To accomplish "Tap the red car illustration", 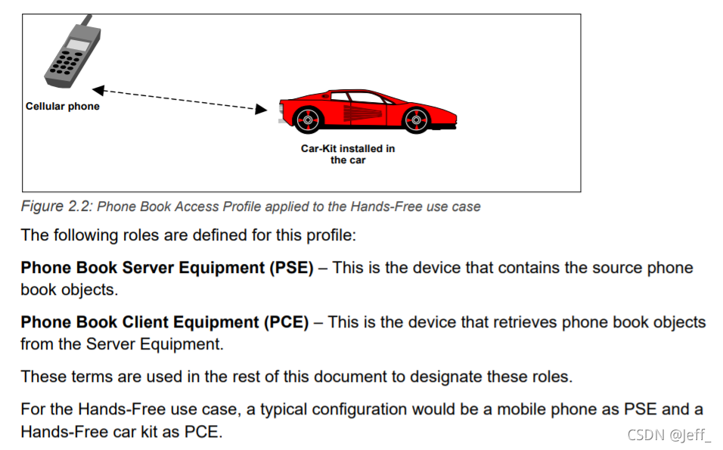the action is (x=367, y=110).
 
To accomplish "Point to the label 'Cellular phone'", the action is (x=63, y=107).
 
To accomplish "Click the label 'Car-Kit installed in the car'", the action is (x=348, y=154).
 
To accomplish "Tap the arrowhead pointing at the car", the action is (x=261, y=110).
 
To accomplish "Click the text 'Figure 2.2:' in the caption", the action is (x=57, y=206).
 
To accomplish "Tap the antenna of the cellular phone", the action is (x=88, y=19).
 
